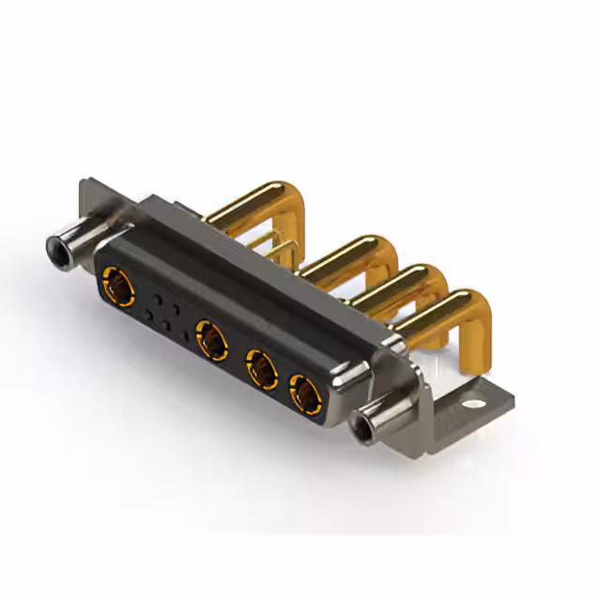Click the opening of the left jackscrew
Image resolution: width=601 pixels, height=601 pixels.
point(58,250)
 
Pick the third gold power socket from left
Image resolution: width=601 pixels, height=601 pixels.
point(260,369)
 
